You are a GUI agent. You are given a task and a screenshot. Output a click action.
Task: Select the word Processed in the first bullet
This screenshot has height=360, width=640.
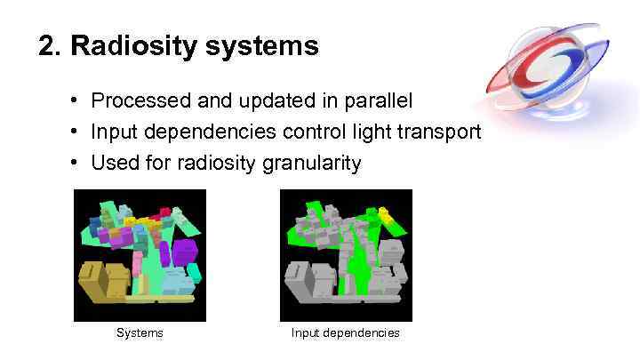[x=132, y=100]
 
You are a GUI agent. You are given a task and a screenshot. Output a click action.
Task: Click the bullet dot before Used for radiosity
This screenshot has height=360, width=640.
[x=78, y=163]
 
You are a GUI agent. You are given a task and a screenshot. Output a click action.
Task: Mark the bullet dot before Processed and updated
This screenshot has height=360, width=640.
[x=78, y=100]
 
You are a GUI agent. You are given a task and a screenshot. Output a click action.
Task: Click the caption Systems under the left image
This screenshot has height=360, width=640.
[x=140, y=333]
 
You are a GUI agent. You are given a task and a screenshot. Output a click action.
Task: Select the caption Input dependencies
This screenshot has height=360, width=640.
[x=345, y=333]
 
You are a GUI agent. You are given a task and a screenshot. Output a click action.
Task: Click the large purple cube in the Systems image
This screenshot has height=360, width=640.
[x=184, y=252]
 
